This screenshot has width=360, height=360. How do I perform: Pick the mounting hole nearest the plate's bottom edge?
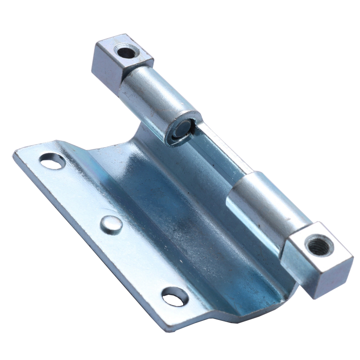click(175, 297)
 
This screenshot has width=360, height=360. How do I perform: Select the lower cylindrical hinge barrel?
click(265, 205)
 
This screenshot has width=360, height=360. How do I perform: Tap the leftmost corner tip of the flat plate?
click(14, 155)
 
